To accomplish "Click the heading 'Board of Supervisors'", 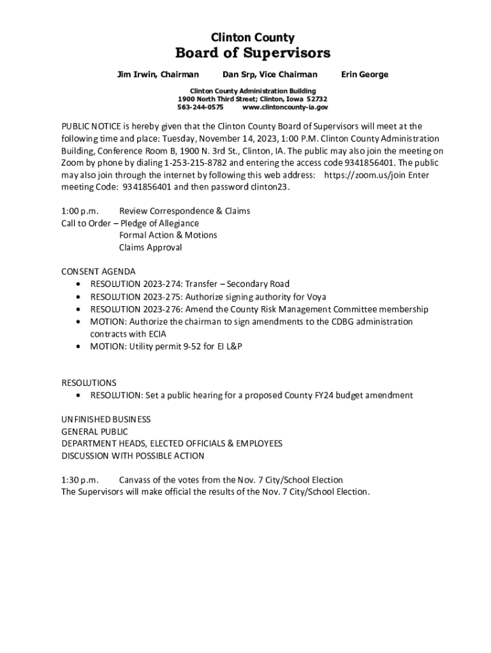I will (253, 52).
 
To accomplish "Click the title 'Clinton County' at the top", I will (253, 38).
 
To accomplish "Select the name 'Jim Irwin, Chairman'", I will (158, 75).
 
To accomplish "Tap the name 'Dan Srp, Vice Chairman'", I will (270, 75).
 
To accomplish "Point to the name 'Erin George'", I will (364, 75).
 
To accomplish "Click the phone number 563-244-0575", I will (200, 108).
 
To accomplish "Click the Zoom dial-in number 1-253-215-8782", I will (192, 163).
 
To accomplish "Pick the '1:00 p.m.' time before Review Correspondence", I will (80, 211).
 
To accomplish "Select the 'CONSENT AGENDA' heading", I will (98, 272).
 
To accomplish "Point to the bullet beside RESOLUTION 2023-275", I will (78, 297).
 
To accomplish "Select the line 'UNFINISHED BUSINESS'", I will (106, 420).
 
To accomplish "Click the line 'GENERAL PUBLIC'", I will (94, 432).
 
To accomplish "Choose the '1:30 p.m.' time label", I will (80, 480).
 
